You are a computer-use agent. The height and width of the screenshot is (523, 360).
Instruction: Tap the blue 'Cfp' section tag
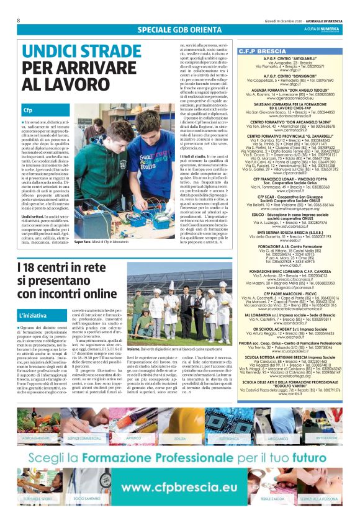(x=29, y=109)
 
